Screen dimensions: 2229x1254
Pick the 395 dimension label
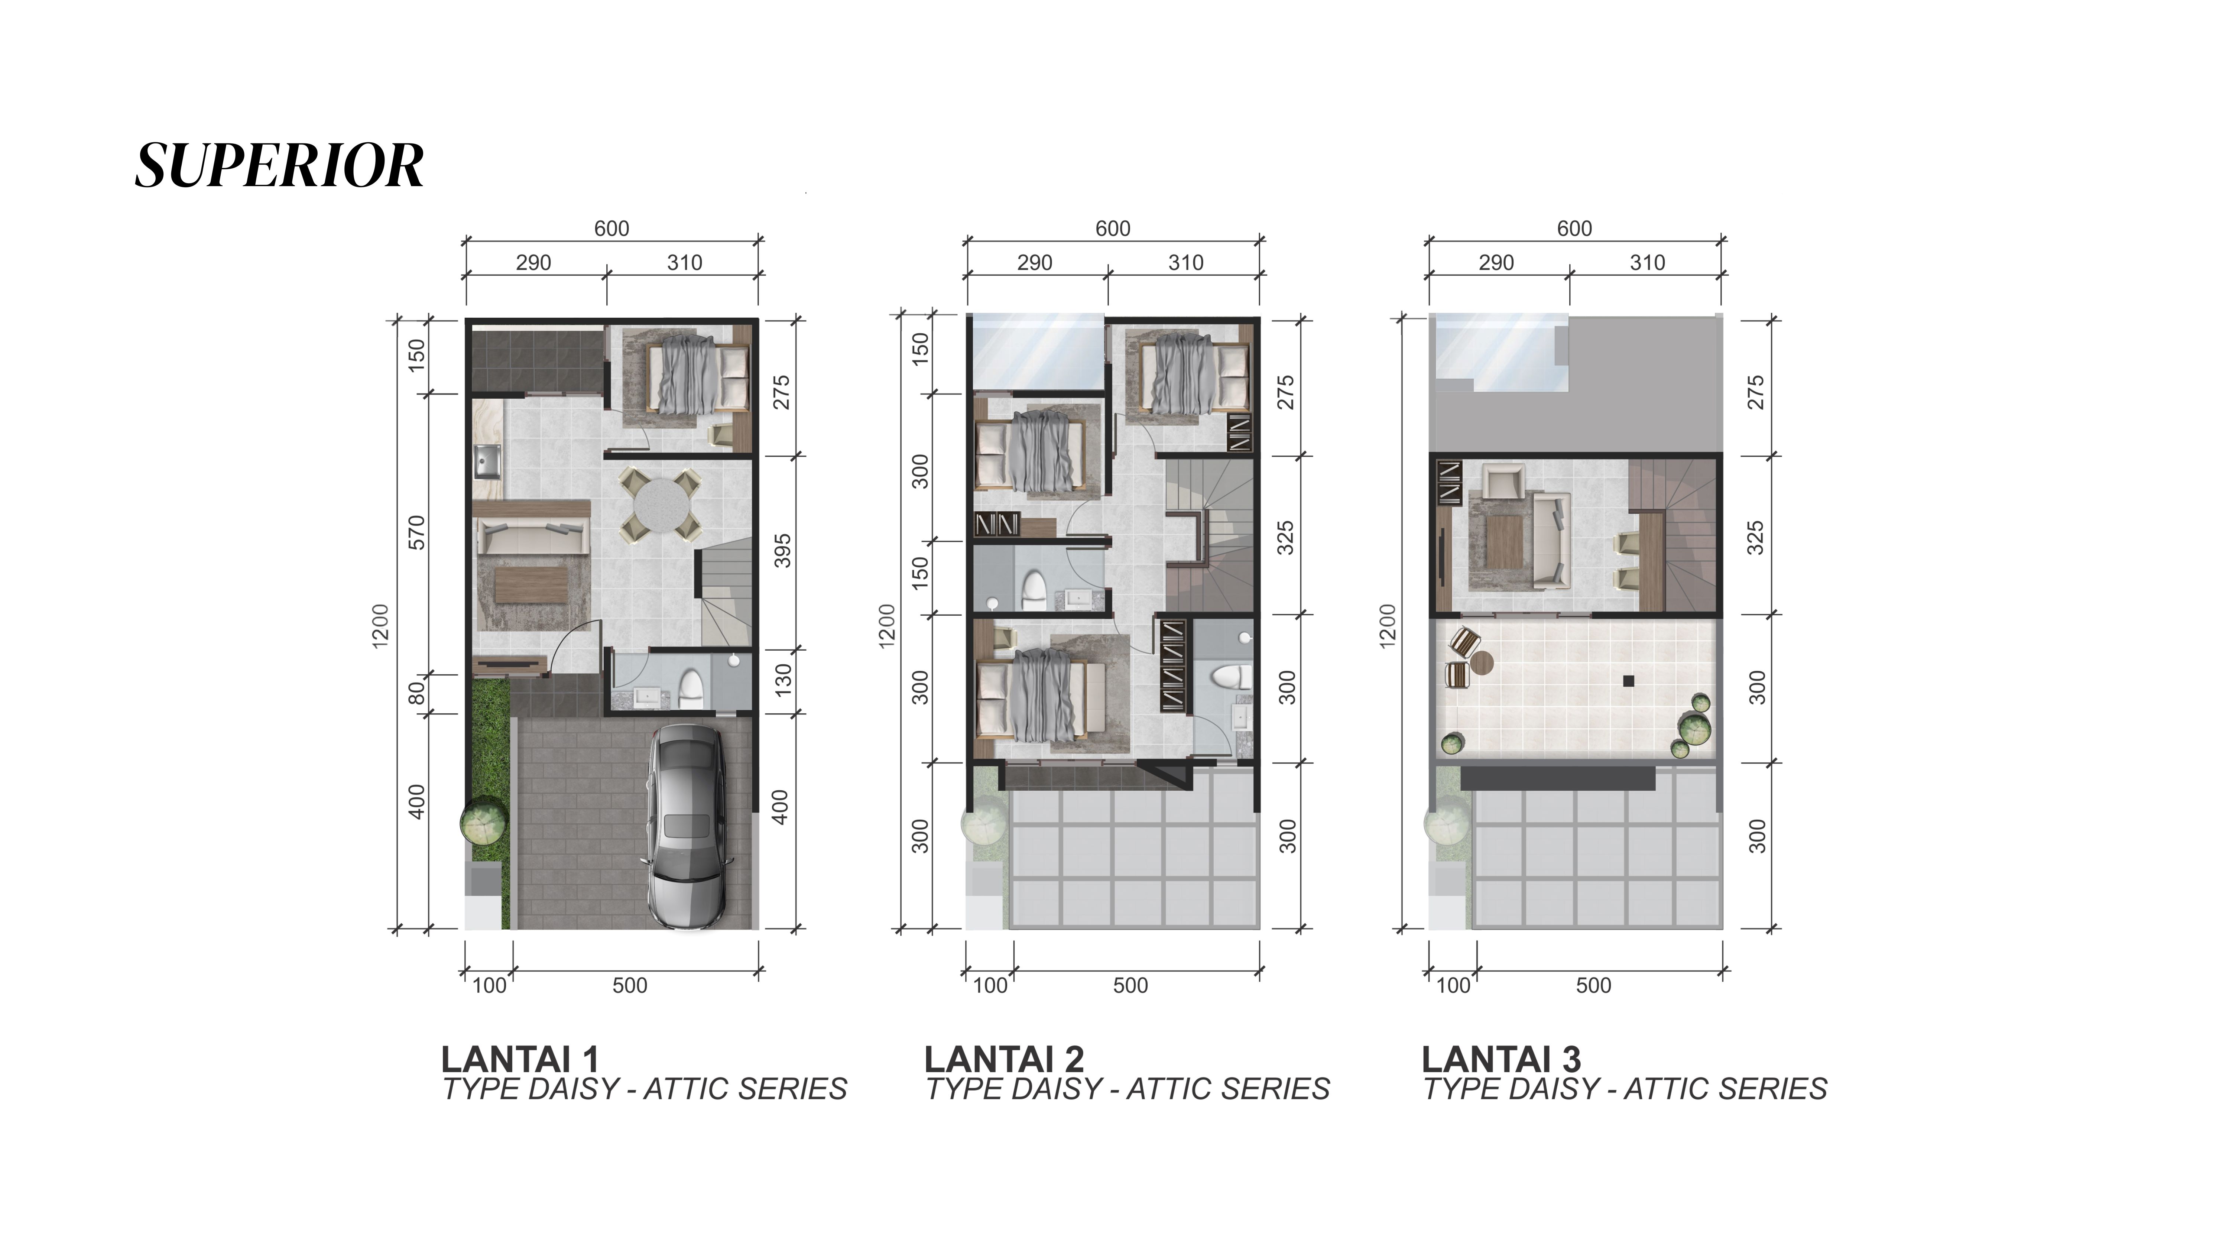click(x=782, y=551)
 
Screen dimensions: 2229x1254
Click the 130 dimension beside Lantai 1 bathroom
click(x=782, y=680)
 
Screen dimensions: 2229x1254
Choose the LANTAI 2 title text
click(x=1004, y=1059)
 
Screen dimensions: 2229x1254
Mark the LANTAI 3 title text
click(x=1501, y=1059)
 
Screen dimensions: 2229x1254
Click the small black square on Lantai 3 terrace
click(x=1629, y=681)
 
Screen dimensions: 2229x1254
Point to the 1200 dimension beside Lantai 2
click(x=886, y=625)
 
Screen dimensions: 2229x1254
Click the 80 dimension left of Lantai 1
click(x=417, y=693)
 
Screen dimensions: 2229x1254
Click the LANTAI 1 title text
click(x=520, y=1059)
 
